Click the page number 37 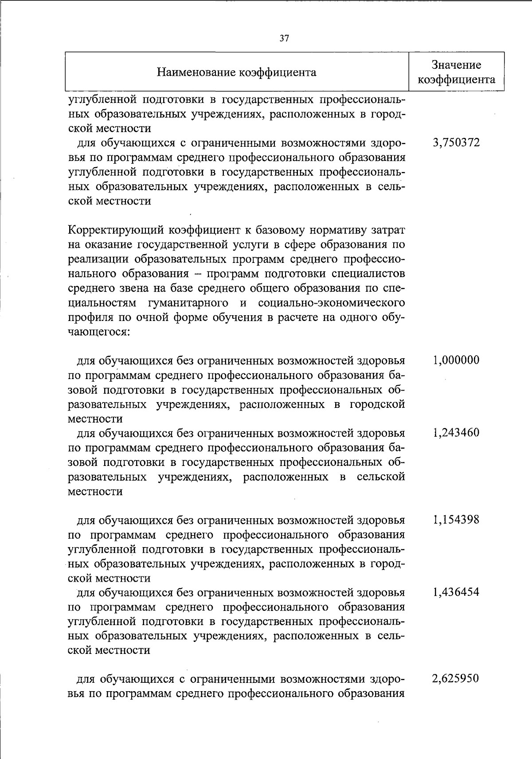284,38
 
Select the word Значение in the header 457,65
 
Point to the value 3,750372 456,143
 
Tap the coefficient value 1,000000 456,360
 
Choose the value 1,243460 456,432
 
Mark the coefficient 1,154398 456,520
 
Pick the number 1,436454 456,592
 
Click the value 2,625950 456,679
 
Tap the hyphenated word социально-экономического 331,303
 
